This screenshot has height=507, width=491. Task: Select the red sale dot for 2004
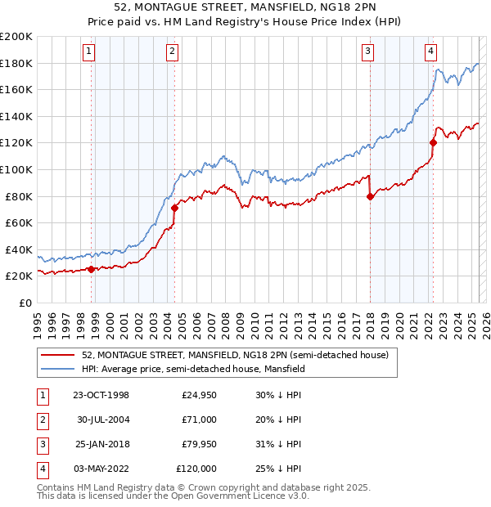(174, 208)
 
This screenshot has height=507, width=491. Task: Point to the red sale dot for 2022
(433, 142)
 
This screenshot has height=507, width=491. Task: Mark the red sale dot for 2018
(371, 196)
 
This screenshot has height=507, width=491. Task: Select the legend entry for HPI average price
(193, 369)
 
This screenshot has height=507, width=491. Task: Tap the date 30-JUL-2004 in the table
(103, 420)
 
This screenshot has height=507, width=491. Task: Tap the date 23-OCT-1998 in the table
(101, 395)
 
